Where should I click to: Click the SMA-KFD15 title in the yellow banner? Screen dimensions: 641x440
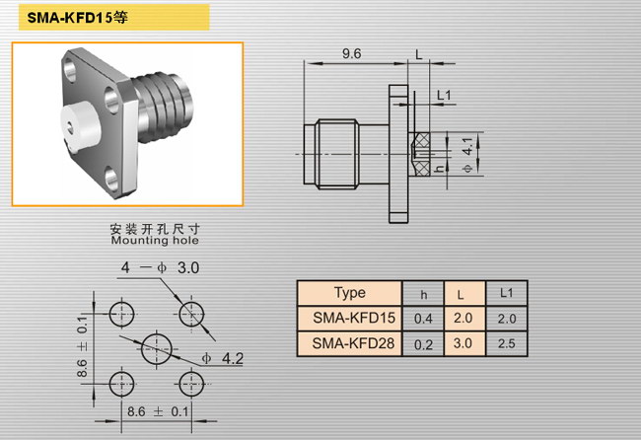point(77,18)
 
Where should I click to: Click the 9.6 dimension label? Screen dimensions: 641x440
point(352,53)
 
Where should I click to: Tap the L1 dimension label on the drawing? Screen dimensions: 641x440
point(444,96)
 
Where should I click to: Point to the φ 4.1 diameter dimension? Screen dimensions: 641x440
point(467,155)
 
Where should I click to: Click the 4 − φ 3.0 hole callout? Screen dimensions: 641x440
point(160,267)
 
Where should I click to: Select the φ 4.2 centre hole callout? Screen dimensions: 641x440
point(223,359)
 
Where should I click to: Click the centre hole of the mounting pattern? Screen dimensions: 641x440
point(157,349)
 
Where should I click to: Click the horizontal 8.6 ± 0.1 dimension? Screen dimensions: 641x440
point(158,411)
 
